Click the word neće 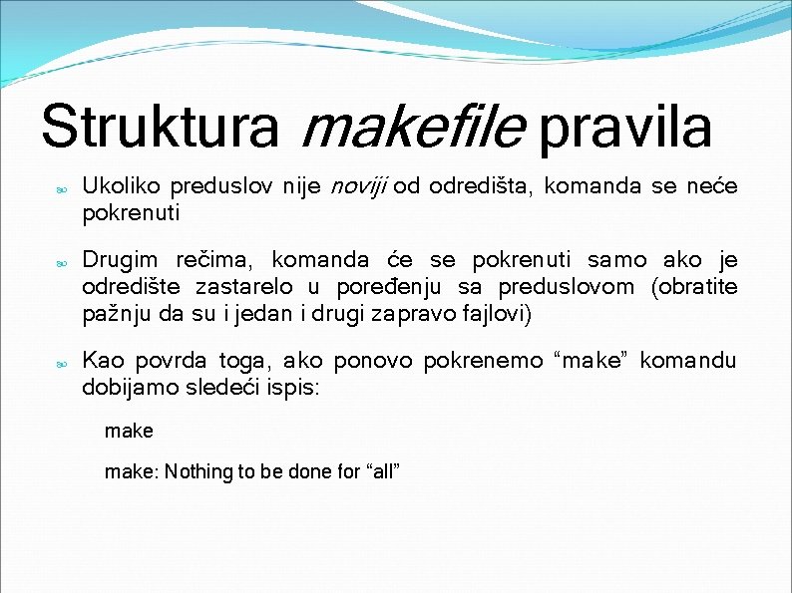tap(712, 185)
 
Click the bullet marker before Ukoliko tap(61, 188)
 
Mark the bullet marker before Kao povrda tap(61, 364)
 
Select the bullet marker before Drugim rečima tap(61, 264)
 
